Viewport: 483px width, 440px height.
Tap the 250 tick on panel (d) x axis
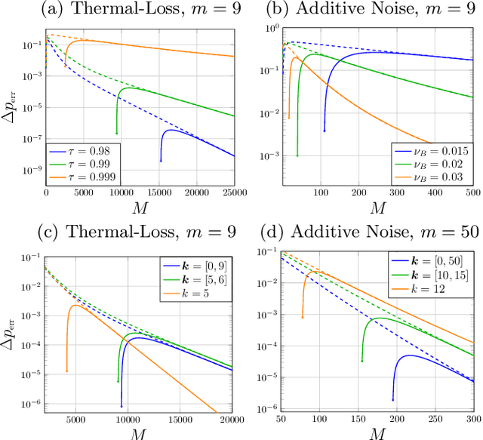coord(434,420)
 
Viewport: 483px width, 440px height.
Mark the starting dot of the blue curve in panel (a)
coord(161,160)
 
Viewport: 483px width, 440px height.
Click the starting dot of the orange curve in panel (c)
coord(67,371)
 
